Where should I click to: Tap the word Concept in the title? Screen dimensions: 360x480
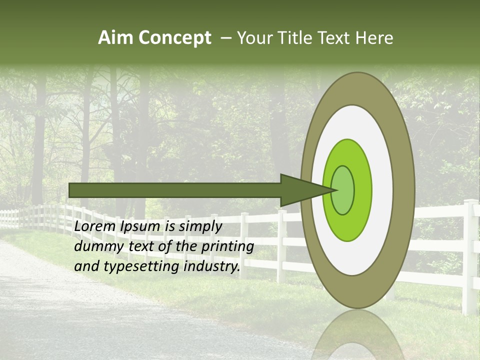[x=174, y=38]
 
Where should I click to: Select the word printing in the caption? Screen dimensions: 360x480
[x=227, y=246]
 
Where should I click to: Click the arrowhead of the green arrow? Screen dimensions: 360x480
[x=305, y=190]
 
